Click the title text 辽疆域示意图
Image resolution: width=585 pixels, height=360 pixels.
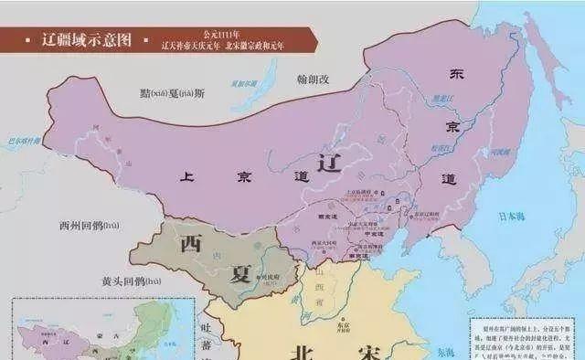pyautogui.click(x=87, y=40)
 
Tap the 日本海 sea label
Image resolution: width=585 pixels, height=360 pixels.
pyautogui.click(x=512, y=217)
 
